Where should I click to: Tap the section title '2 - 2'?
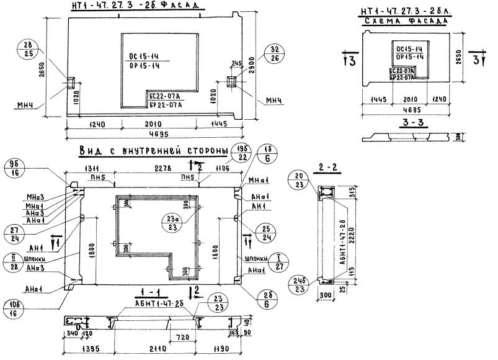pos(321,167)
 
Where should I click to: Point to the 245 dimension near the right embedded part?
pos(235,63)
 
